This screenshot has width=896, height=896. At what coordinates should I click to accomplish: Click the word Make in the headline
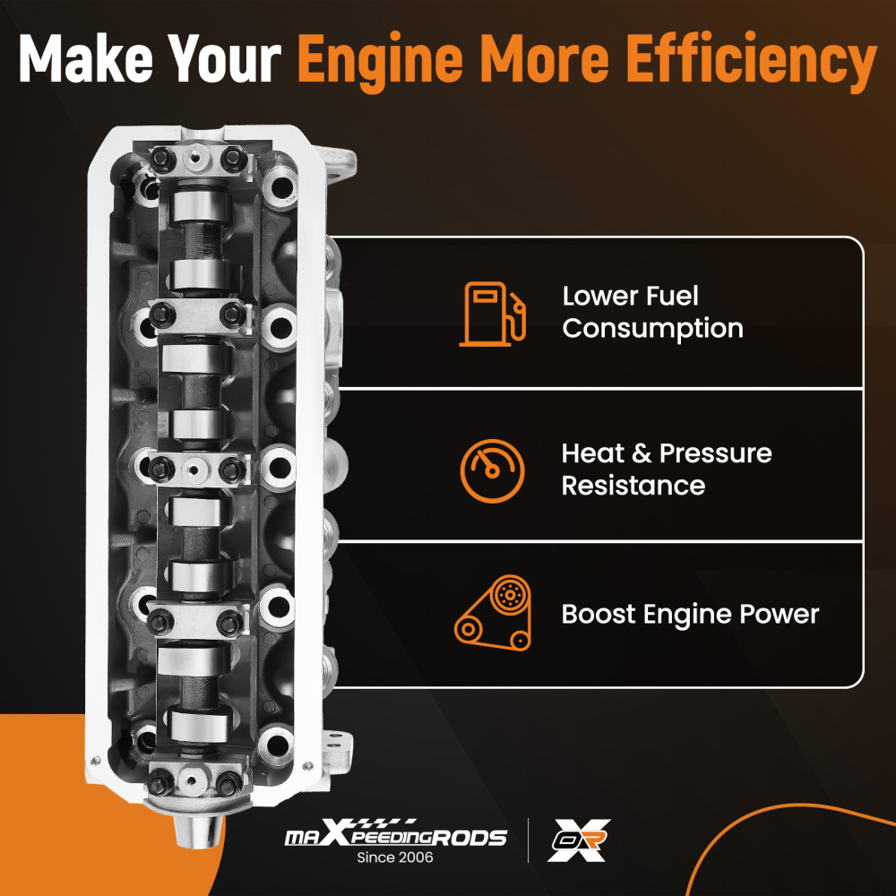click(x=86, y=58)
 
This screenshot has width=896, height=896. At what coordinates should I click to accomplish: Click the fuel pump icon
click(x=492, y=314)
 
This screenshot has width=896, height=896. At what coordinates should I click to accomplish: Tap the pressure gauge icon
click(x=492, y=471)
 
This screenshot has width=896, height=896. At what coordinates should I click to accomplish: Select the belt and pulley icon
click(x=493, y=613)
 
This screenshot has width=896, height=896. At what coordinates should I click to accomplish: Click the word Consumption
click(x=652, y=329)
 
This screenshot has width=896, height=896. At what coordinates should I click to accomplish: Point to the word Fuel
click(x=671, y=296)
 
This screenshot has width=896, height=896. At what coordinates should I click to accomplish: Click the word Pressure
click(x=715, y=453)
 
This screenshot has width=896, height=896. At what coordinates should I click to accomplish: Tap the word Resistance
click(x=633, y=486)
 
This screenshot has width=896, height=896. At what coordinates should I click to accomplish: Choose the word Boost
click(x=599, y=615)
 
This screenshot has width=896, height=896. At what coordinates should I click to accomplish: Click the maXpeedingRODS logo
click(x=395, y=833)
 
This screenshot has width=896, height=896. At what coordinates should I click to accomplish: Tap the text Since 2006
click(x=395, y=857)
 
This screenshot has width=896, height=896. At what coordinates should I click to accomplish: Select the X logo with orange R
click(x=579, y=840)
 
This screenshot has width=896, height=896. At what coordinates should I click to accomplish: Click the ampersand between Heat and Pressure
click(x=642, y=453)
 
